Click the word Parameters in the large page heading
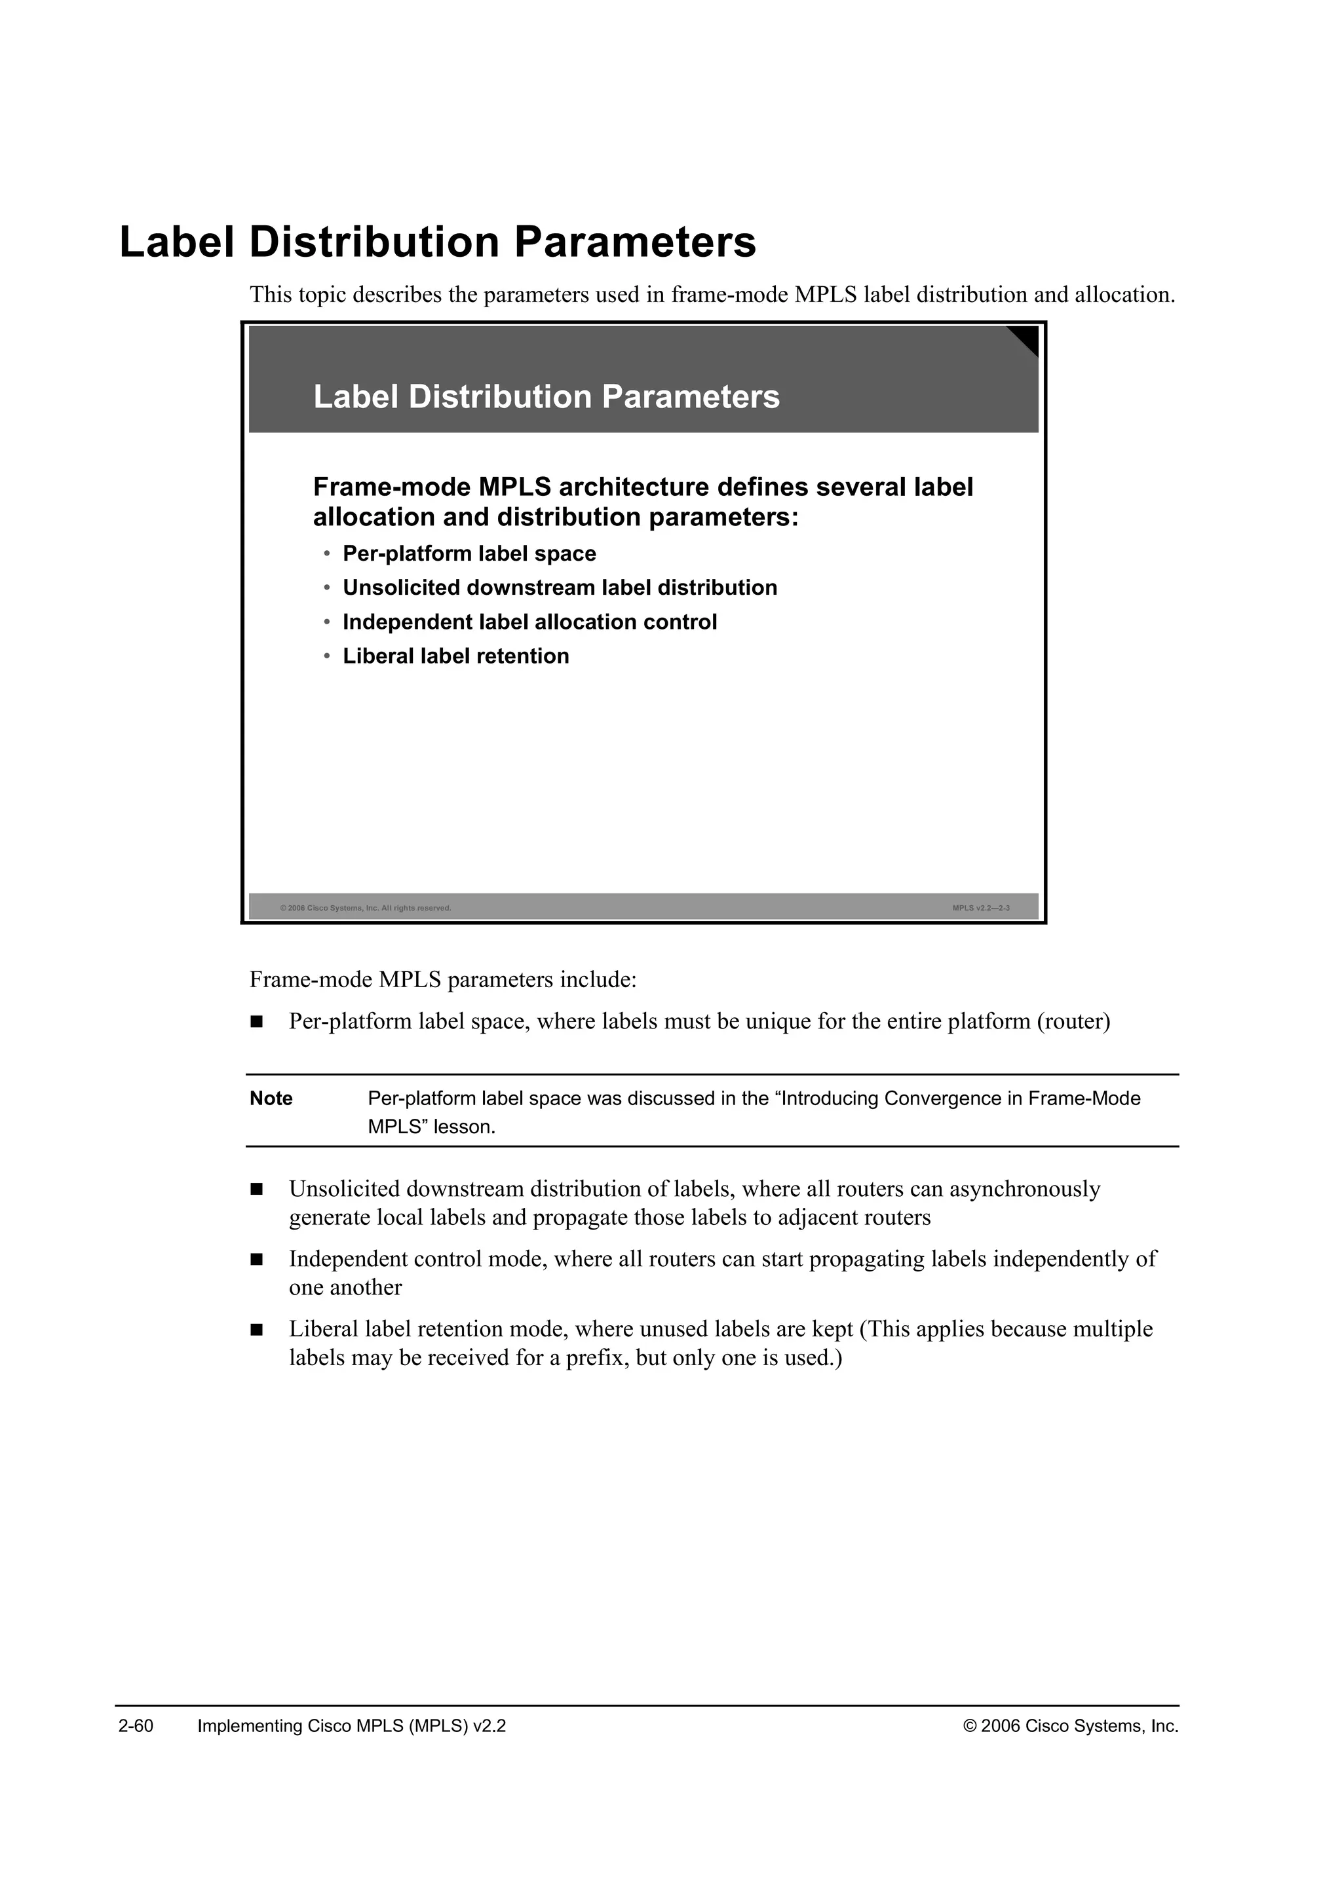tap(635, 242)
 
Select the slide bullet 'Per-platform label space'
tap(469, 554)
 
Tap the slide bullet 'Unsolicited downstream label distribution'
tap(560, 588)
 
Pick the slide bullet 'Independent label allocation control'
tap(529, 622)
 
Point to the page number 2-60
tap(136, 1726)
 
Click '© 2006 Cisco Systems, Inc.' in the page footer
tap(1070, 1726)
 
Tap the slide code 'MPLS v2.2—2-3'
tap(980, 908)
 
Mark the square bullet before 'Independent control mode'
tap(256, 1260)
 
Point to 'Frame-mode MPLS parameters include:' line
tap(443, 980)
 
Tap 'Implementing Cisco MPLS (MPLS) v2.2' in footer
tap(351, 1726)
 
